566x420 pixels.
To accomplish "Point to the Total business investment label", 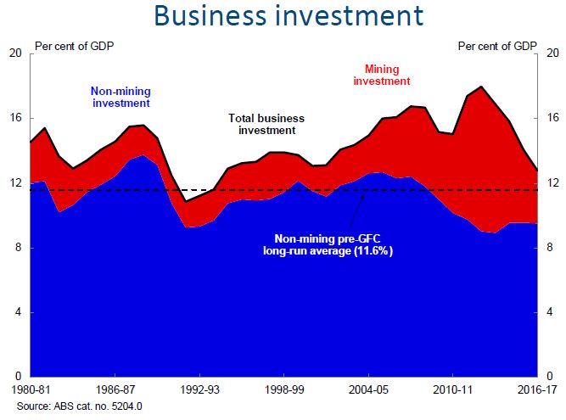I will [x=266, y=125].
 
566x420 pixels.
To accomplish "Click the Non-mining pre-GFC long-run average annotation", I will [x=327, y=246].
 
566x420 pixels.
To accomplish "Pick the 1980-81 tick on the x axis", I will [x=31, y=392].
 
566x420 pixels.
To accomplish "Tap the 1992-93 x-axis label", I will [x=199, y=392].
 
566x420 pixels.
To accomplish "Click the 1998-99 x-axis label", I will [x=283, y=392].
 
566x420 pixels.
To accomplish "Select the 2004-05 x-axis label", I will [x=367, y=392].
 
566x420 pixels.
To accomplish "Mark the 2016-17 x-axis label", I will [x=535, y=392].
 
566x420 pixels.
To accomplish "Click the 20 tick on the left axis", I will [x=14, y=53].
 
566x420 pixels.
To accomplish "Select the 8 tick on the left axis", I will [x=17, y=248].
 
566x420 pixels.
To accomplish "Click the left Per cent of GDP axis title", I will [x=74, y=46].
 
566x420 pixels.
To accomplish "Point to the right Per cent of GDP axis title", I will [x=497, y=46].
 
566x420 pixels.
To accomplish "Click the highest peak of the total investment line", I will [x=481, y=87].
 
